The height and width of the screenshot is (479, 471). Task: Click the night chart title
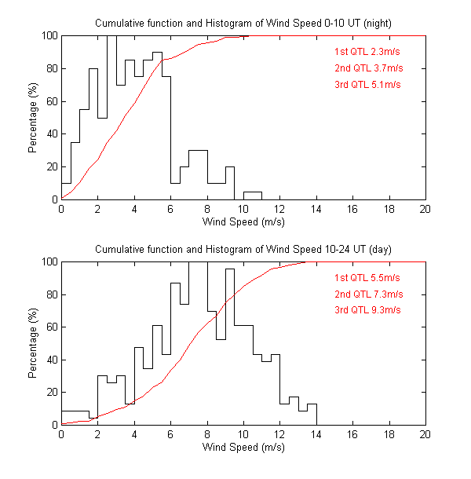[x=243, y=24]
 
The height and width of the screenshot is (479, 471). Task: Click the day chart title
[x=243, y=249]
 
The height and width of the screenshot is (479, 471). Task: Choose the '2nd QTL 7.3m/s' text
[x=367, y=294]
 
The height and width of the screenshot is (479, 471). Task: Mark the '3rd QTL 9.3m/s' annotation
[x=367, y=309]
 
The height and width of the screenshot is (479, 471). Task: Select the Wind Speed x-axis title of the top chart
[x=243, y=222]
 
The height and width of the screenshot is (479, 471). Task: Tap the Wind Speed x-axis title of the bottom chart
[x=243, y=448]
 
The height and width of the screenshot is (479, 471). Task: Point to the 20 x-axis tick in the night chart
[x=425, y=209]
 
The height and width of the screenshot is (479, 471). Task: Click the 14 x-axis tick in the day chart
[x=316, y=434]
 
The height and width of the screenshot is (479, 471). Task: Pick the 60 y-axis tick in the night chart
[x=51, y=101]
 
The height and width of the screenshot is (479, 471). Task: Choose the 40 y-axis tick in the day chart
[x=51, y=360]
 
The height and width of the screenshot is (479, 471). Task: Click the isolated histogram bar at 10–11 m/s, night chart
[x=252, y=196]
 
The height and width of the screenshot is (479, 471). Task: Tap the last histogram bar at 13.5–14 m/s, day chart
[x=312, y=415]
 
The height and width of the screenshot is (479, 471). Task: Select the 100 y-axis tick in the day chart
[x=49, y=261]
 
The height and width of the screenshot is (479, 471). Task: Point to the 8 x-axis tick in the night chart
[x=207, y=209]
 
